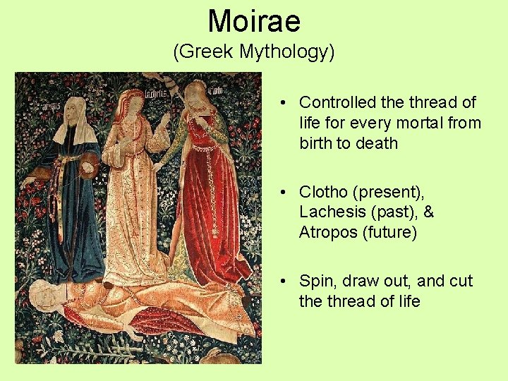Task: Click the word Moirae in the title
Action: (x=254, y=21)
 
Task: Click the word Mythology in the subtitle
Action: (x=286, y=52)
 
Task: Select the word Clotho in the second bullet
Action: (x=322, y=192)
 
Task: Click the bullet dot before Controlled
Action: (x=282, y=103)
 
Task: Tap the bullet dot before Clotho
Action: (x=282, y=192)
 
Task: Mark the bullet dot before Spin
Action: (x=282, y=281)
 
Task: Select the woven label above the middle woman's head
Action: (x=155, y=92)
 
